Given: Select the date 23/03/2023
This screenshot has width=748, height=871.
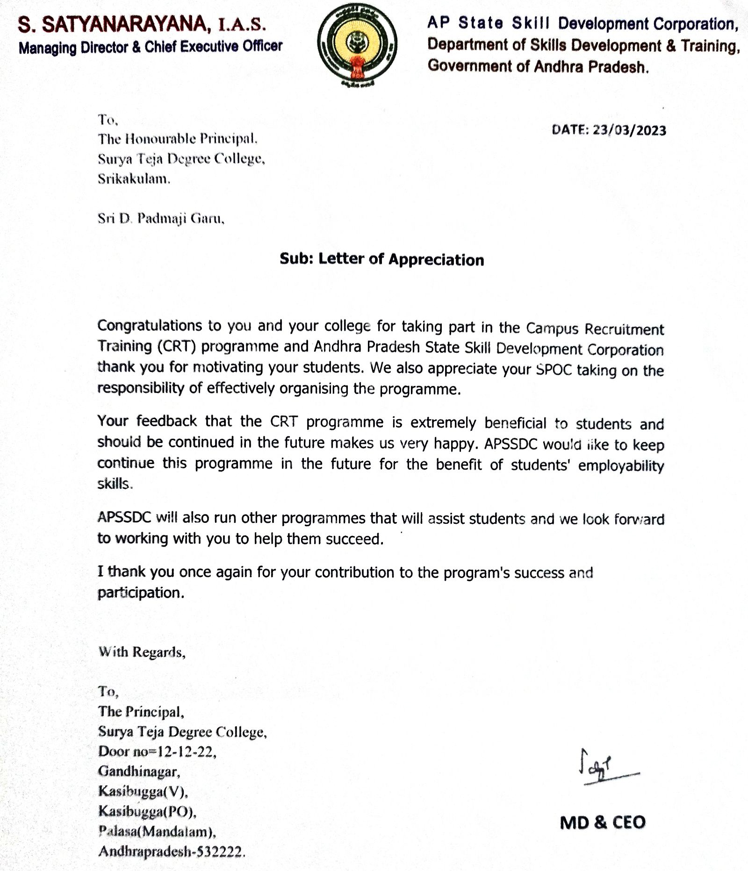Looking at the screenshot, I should tap(629, 130).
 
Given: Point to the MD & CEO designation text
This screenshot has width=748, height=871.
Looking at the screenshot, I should tap(603, 822).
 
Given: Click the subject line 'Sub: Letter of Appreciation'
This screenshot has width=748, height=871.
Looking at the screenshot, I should tap(381, 259).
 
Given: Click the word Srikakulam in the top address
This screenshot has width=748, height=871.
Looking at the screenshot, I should tap(134, 179).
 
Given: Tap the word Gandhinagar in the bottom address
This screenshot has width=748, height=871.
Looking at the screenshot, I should tap(139, 771).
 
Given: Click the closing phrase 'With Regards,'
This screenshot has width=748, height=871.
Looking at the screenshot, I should tap(142, 652).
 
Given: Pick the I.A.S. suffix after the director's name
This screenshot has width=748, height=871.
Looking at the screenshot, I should tap(243, 26).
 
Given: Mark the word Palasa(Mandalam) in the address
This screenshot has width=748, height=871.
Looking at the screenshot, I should tap(157, 831).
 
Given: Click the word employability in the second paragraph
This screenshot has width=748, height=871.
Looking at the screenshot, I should tap(621, 466).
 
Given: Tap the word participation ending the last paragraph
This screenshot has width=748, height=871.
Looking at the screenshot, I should tap(140, 593).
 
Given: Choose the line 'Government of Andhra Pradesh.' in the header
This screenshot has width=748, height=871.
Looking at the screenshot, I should tap(538, 66).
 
